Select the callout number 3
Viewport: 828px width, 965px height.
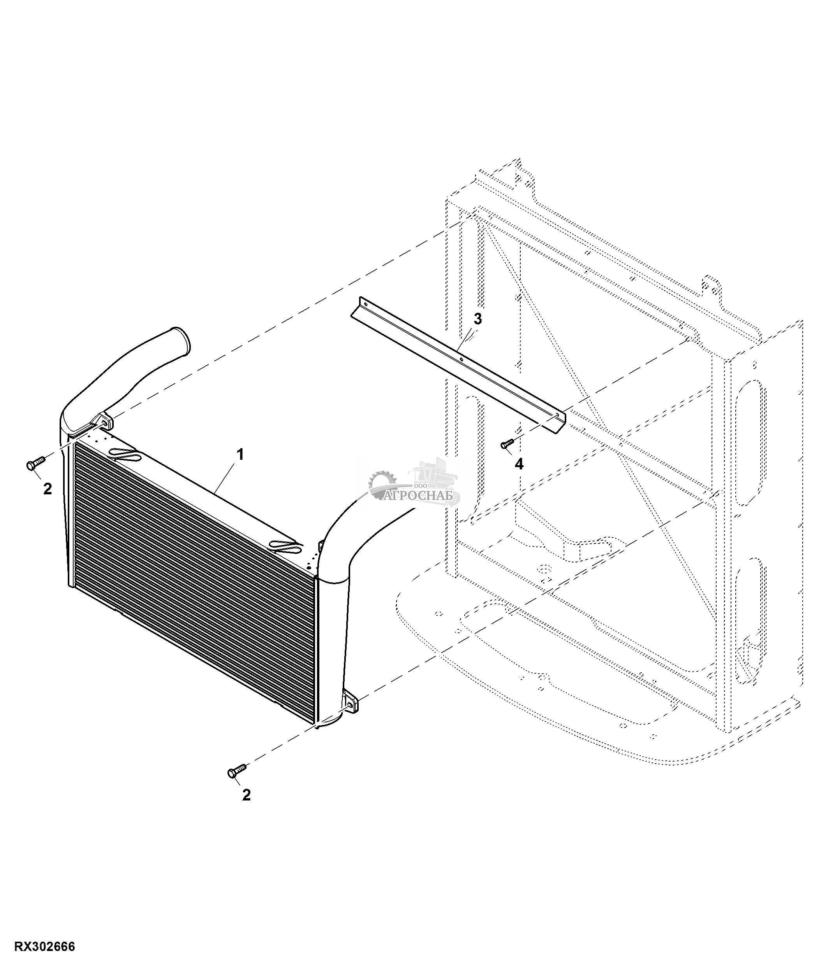[x=477, y=319]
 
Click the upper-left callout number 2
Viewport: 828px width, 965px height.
[x=48, y=489]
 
